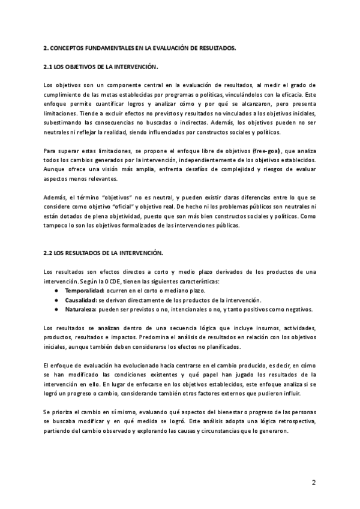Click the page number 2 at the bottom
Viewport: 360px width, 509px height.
pos(313,483)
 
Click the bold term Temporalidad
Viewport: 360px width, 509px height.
pos(85,290)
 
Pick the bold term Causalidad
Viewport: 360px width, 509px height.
pos(80,300)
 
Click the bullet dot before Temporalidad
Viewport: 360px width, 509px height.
pos(55,290)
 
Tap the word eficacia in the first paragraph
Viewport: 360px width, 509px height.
pos(288,94)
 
